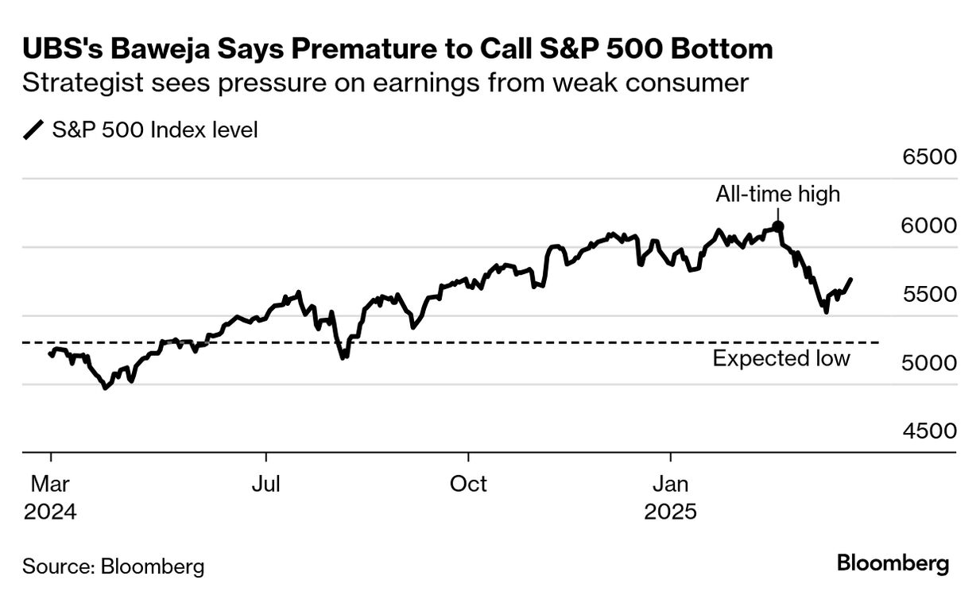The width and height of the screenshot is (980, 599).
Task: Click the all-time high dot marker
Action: coord(778,226)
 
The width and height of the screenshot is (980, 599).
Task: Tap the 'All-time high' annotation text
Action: coord(777,194)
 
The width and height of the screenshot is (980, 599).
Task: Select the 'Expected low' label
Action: coord(781,359)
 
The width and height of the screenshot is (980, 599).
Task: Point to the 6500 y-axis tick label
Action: coord(929,157)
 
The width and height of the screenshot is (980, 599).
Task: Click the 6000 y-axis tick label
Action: coord(929,226)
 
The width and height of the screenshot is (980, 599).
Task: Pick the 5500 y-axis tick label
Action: coord(929,294)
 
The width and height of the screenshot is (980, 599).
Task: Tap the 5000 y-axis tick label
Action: coord(929,363)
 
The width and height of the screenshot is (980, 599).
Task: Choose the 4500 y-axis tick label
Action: coord(929,431)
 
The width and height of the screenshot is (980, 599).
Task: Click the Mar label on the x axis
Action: coord(50,484)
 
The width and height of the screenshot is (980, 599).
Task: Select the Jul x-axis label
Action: coord(265,484)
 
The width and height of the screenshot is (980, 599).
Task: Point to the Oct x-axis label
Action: coord(468,484)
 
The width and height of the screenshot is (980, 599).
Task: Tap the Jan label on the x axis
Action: coord(670,484)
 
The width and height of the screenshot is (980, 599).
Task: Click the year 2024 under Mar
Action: coord(50,512)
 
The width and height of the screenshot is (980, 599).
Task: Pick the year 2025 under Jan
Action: coord(670,512)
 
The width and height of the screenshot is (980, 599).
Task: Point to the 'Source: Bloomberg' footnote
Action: coord(113,566)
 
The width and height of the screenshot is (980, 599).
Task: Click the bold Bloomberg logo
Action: coord(893,565)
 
